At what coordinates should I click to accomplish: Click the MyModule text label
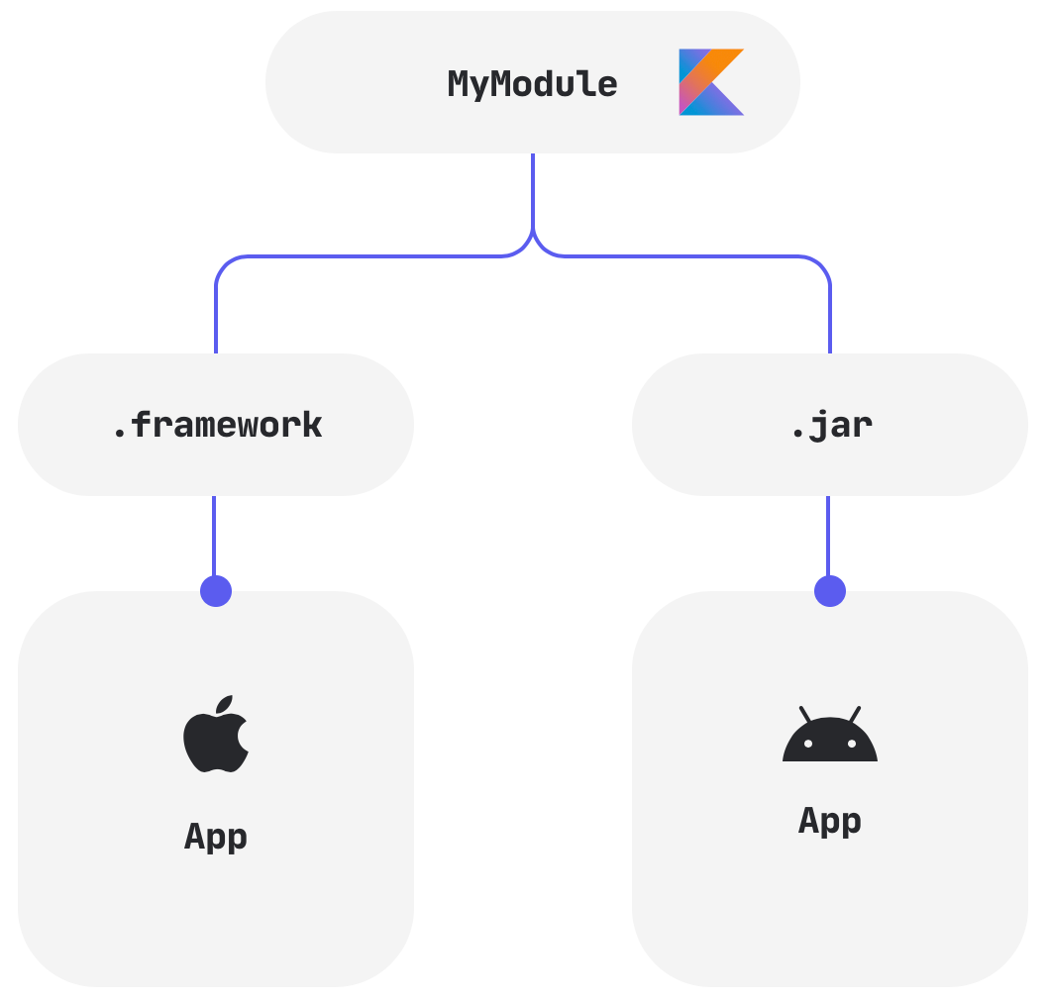point(532,84)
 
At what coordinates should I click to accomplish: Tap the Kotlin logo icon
point(710,82)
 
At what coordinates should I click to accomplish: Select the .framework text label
point(217,425)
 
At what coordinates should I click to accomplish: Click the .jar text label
point(831,425)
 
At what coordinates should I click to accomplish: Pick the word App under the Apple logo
point(216,837)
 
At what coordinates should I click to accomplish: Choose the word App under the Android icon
point(830,821)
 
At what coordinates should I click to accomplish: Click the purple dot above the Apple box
point(216,591)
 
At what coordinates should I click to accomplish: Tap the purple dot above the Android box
point(830,591)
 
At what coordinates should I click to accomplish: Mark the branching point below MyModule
point(533,236)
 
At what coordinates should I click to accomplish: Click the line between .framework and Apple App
point(215,535)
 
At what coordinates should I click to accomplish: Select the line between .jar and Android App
point(829,535)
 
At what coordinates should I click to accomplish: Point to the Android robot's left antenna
point(805,714)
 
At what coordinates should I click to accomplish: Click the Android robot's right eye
point(851,744)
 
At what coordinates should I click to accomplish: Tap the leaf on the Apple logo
point(226,704)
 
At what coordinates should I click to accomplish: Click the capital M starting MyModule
point(458,84)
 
